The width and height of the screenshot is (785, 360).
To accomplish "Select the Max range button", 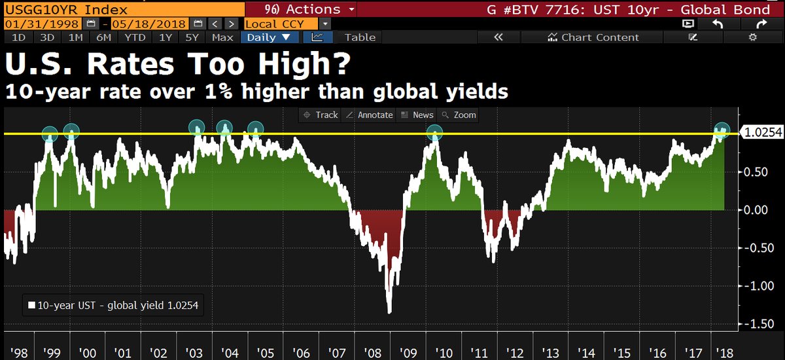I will [222, 37].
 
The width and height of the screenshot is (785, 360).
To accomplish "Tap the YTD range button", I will [135, 37].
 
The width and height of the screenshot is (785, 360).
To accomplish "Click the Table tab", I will [360, 37].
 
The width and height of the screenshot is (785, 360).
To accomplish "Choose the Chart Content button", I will [593, 37].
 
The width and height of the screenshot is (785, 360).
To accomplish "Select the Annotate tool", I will [370, 115].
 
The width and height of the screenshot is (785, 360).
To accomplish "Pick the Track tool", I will [320, 115].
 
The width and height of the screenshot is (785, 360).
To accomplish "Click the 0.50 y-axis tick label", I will [758, 171].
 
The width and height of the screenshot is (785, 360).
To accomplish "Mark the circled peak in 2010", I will [435, 134].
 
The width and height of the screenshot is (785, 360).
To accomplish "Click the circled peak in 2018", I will [722, 130].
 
